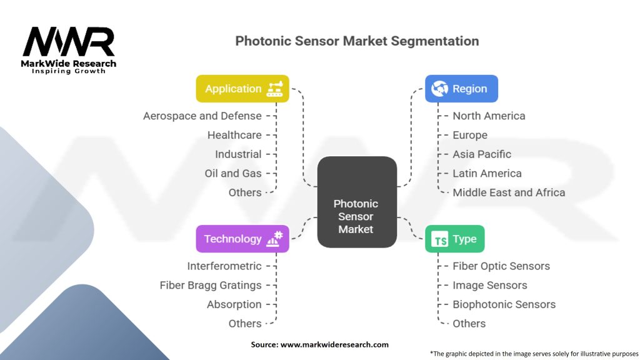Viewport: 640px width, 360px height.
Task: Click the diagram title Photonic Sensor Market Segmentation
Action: [357, 41]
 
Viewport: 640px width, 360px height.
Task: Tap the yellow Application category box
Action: [242, 89]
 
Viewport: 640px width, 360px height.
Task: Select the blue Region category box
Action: [461, 89]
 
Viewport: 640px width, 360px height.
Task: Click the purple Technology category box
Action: [242, 239]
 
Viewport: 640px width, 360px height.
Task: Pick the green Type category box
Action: [454, 239]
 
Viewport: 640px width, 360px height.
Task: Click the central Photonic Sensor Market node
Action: [356, 216]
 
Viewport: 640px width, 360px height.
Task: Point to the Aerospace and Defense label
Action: [202, 116]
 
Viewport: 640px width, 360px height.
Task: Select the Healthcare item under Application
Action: [234, 135]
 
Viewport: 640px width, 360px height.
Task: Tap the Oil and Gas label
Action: [233, 173]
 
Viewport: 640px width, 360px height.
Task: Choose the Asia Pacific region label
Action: [482, 154]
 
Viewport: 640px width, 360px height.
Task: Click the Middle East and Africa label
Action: [509, 192]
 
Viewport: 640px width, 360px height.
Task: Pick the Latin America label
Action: [487, 173]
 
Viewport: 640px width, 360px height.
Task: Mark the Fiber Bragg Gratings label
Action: [211, 285]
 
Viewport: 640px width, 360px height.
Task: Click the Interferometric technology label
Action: [224, 266]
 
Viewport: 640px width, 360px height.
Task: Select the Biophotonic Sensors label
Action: [504, 304]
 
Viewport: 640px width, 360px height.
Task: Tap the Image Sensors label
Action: [490, 285]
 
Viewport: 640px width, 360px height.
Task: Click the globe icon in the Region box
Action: [440, 89]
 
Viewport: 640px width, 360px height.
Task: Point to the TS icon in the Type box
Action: [441, 239]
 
